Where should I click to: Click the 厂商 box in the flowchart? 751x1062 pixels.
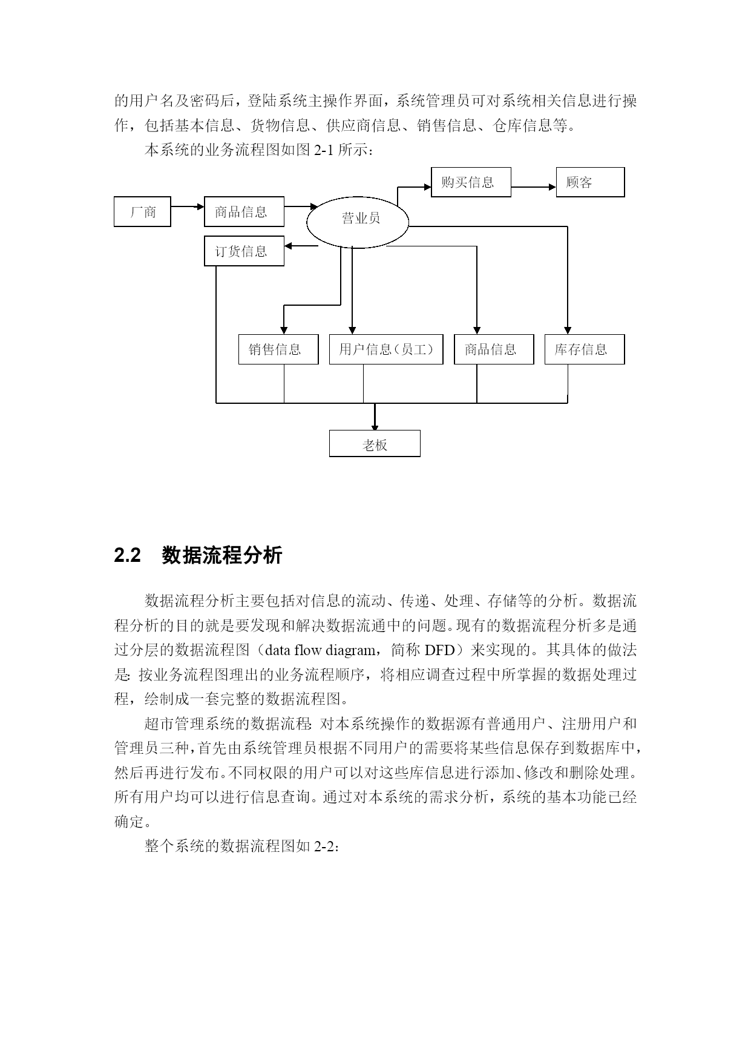click(x=142, y=212)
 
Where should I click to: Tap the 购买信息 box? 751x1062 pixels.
click(x=471, y=182)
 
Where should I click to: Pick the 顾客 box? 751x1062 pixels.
click(x=590, y=182)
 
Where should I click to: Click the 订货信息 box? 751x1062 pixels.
click(x=244, y=251)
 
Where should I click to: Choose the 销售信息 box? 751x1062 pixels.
click(x=278, y=349)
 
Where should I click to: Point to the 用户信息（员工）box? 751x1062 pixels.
click(x=386, y=349)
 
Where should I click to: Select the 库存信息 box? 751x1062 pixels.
click(x=585, y=349)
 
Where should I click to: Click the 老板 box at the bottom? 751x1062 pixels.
click(x=375, y=444)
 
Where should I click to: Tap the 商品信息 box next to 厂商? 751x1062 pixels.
click(x=244, y=212)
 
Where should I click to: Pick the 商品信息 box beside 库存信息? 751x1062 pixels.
click(x=494, y=349)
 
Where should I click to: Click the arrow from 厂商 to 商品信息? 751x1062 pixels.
click(x=188, y=206)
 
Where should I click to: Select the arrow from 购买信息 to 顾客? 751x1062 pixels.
click(x=533, y=187)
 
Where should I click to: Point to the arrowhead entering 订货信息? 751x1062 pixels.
click(x=288, y=246)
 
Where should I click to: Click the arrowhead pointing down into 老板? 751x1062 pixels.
click(x=375, y=427)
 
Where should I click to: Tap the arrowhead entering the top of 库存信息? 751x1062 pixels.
click(x=568, y=331)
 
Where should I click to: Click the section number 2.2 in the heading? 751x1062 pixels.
click(x=127, y=555)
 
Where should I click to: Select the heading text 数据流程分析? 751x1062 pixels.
click(x=222, y=555)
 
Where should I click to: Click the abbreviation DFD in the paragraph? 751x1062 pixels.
click(x=439, y=650)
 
